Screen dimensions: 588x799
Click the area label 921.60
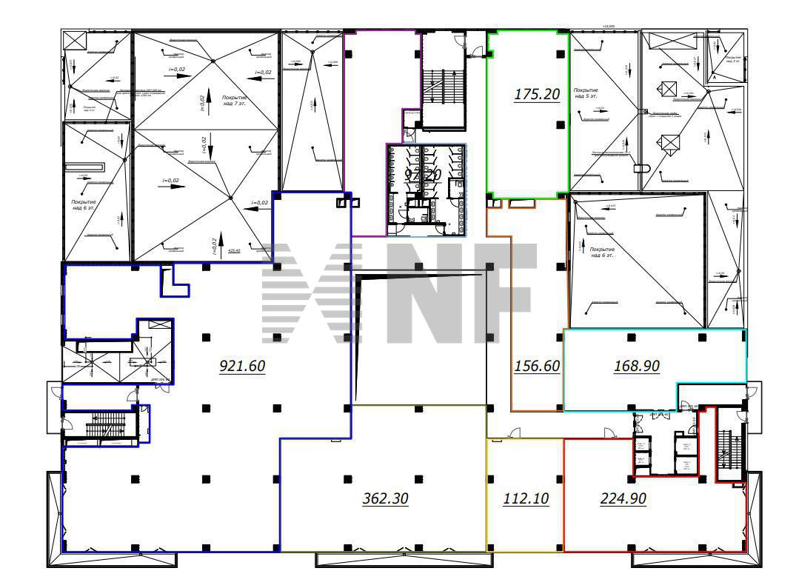(242, 365)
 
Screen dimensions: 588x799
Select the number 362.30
(385, 498)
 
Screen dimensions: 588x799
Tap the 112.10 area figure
(525, 498)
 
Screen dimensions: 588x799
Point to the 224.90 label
(623, 498)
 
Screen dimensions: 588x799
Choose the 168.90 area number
(637, 365)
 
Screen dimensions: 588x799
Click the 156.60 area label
(536, 366)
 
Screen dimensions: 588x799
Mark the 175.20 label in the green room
(536, 94)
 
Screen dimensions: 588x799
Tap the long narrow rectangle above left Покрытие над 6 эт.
(85, 167)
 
